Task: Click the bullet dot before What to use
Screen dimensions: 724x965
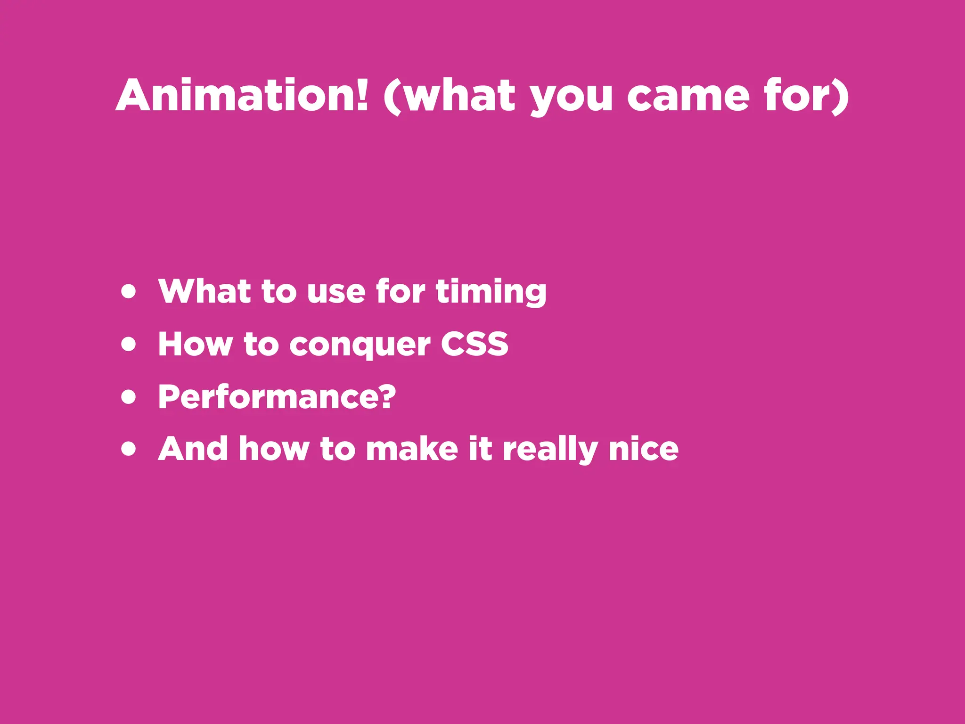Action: coord(128,291)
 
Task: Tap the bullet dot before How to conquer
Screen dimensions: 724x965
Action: coord(128,344)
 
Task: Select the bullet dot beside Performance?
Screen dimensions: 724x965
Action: coord(128,397)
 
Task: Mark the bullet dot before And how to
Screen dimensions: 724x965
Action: coord(128,449)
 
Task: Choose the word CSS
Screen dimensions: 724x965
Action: coord(474,344)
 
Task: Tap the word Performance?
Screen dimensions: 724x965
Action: coord(277,397)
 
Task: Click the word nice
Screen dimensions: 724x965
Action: coord(643,449)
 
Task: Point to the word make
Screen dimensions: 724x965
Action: coord(412,449)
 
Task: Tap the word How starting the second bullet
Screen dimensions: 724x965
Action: coord(195,344)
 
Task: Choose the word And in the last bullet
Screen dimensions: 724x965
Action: coord(193,449)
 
